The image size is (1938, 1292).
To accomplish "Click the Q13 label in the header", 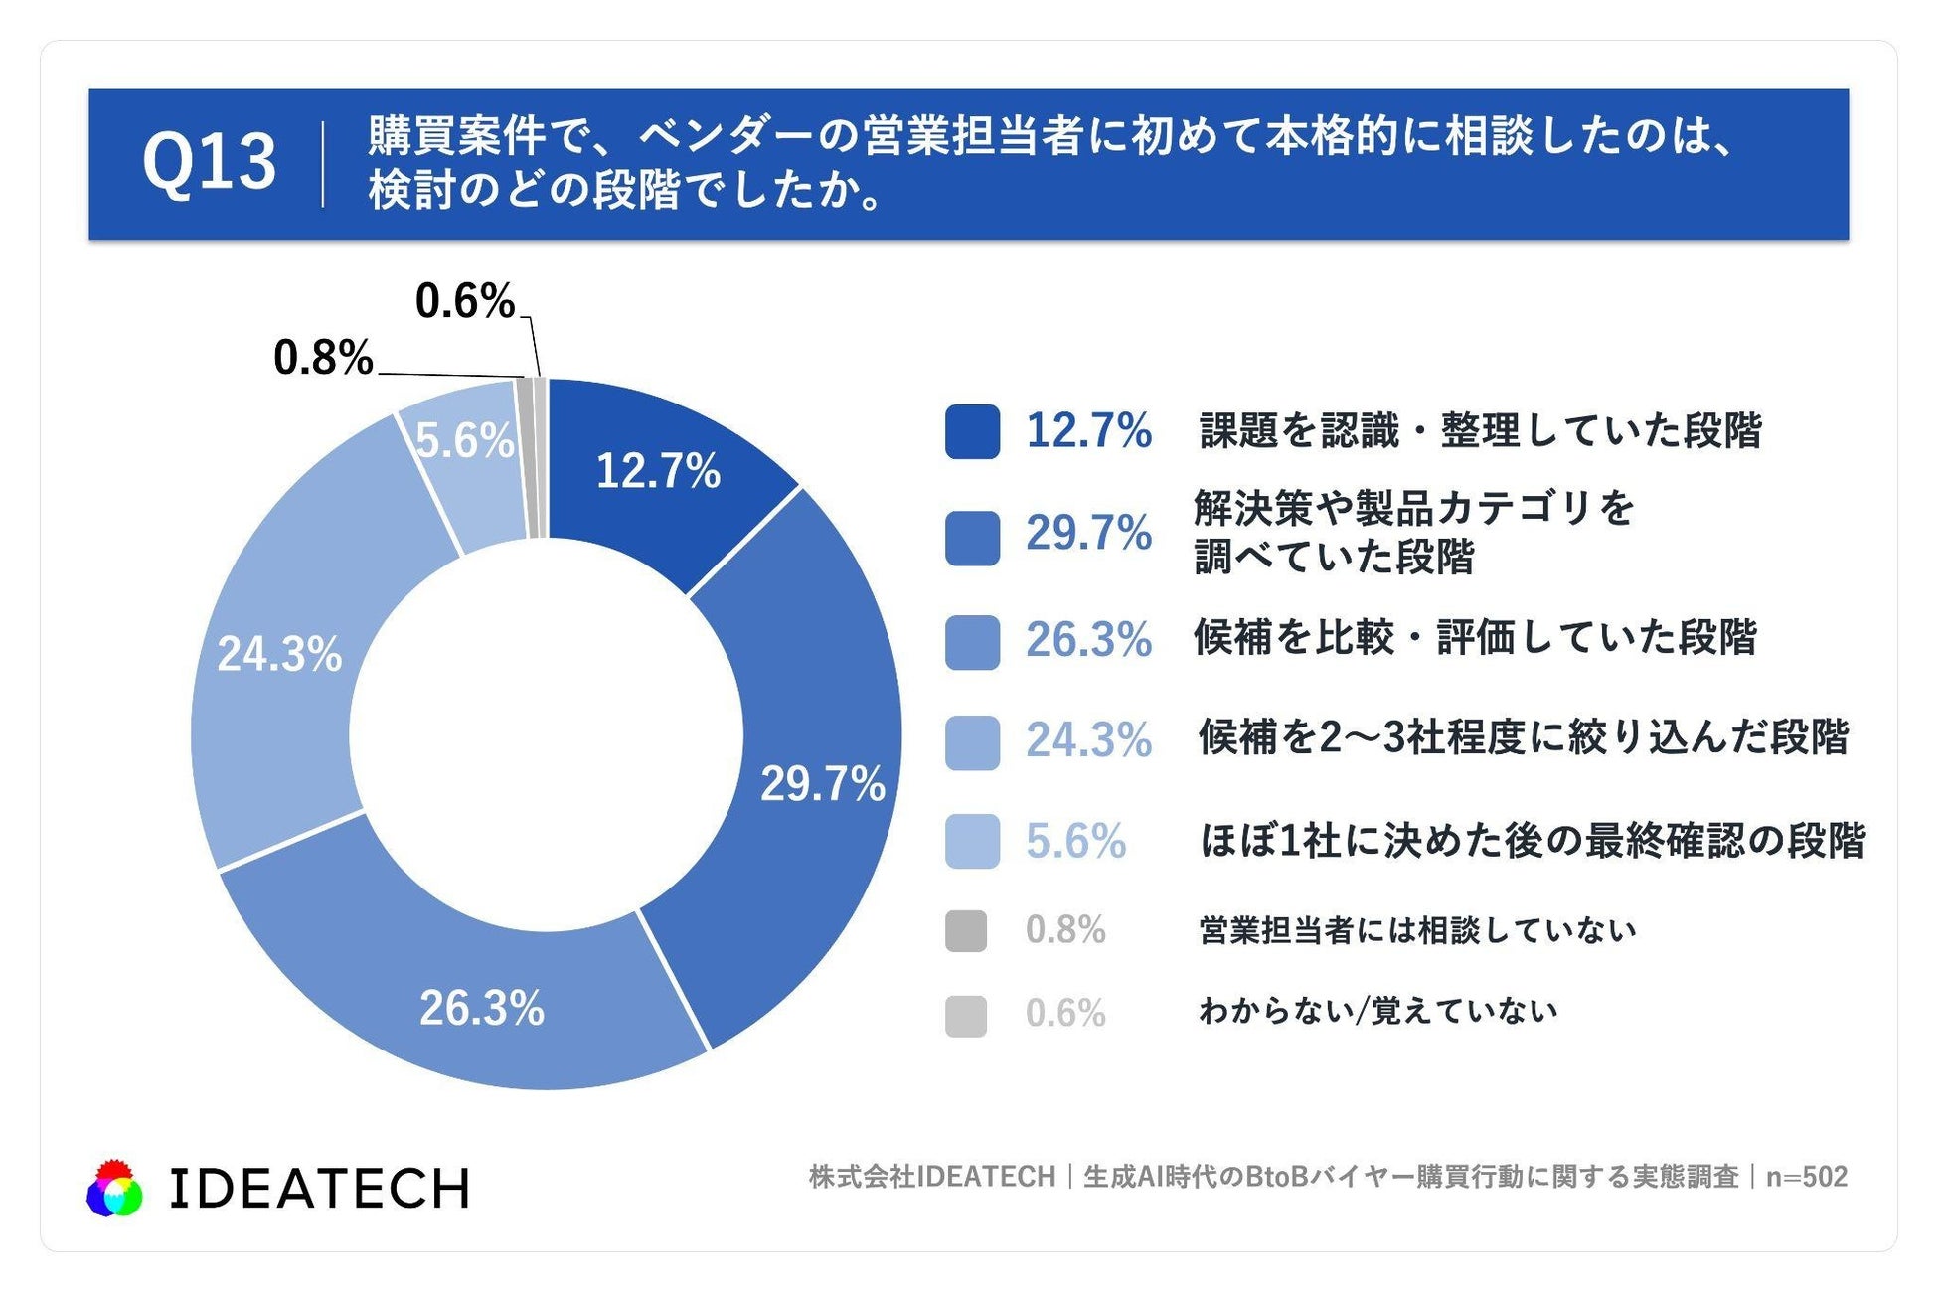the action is point(209,162).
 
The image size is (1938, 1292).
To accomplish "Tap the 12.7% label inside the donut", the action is point(658,471).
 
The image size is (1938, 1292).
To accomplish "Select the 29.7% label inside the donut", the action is point(823,784).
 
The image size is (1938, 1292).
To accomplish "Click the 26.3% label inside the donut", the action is point(482,1008).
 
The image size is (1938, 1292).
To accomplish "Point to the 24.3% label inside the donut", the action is point(279,654).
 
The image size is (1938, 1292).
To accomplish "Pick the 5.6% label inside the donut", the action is point(465,440).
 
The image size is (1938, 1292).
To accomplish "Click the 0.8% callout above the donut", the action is point(323,357).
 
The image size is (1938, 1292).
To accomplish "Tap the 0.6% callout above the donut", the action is point(465,300).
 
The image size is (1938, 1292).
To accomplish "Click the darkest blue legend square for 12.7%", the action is point(972,431).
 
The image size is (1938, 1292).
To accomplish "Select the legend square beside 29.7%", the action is point(972,538).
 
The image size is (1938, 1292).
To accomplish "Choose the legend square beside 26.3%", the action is point(972,642).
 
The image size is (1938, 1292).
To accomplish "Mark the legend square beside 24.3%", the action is point(972,742).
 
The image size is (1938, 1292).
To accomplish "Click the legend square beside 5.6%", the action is point(972,842).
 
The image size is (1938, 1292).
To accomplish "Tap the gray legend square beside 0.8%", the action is point(966,931).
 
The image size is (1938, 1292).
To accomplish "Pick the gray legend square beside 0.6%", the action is point(966,1016).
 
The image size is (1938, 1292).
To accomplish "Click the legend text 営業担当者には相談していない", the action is point(1417,930).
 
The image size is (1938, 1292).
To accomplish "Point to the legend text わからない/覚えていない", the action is point(1377,1011).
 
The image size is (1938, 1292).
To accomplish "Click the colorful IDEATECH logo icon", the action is point(115,1188).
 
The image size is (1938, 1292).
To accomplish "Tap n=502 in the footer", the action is point(1807,1177).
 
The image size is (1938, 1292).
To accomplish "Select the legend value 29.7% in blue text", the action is point(1089,534).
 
